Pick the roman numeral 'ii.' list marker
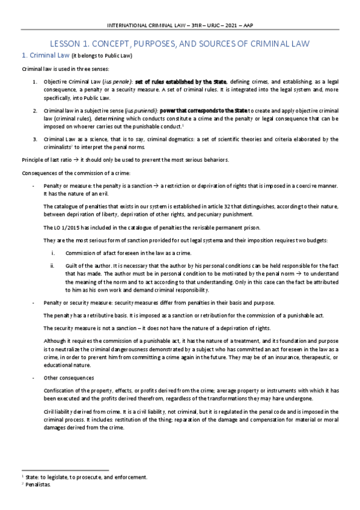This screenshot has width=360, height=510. pyautogui.click(x=53, y=266)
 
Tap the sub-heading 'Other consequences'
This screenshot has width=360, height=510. pyautogui.click(x=69, y=378)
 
